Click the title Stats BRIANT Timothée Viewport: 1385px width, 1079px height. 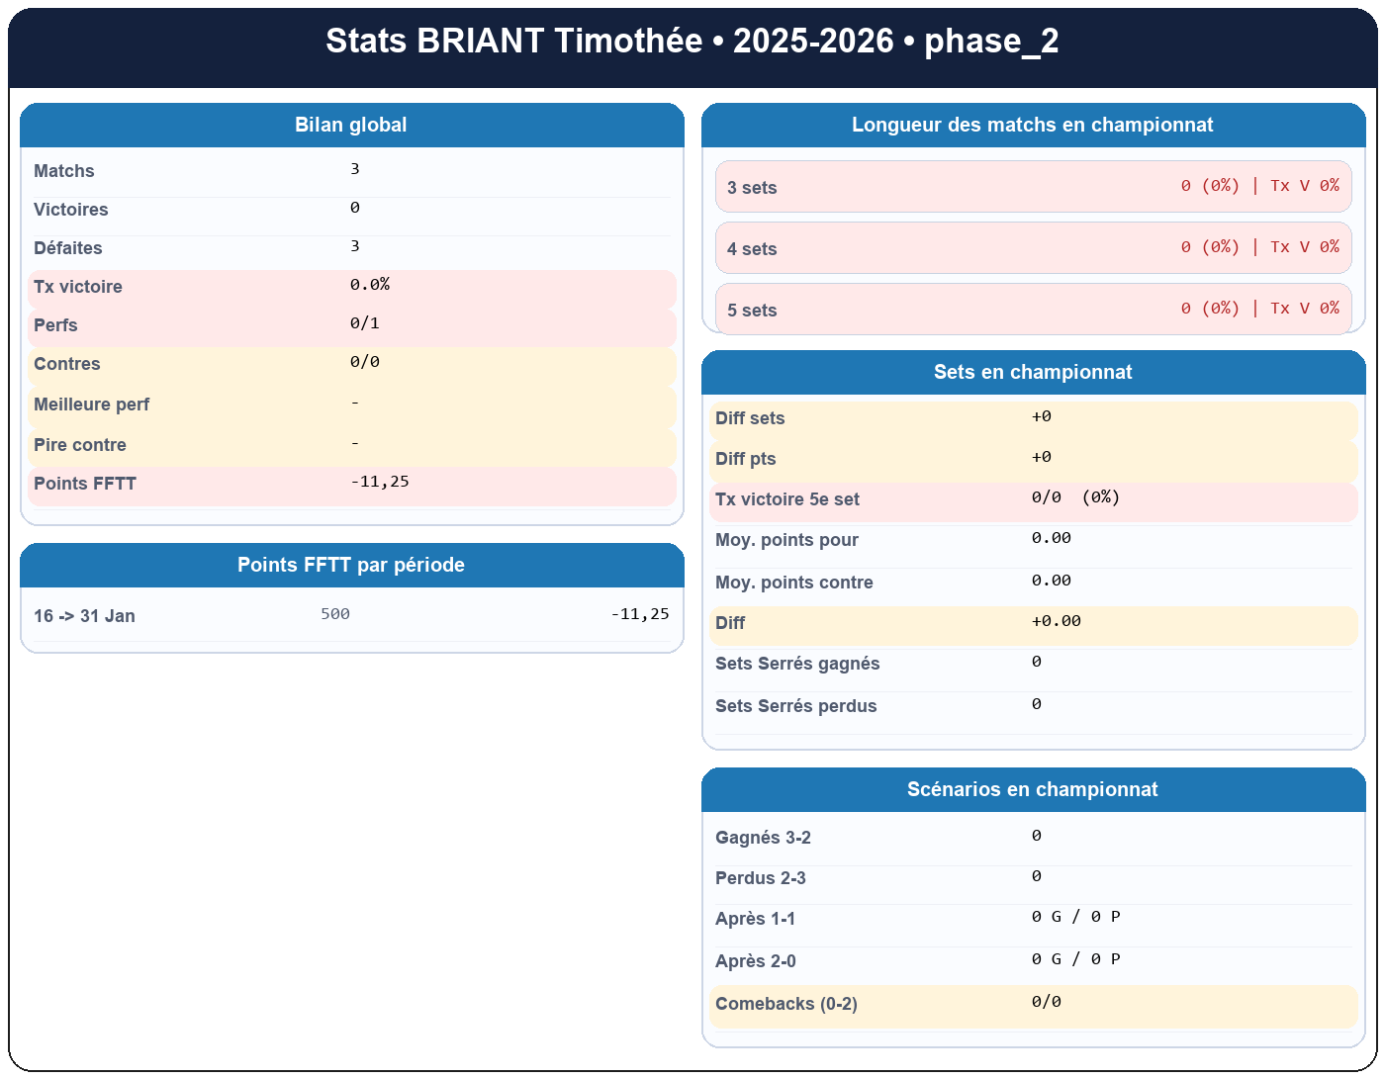point(692,42)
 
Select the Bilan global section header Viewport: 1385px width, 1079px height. point(351,125)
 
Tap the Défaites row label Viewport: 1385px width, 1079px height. point(68,248)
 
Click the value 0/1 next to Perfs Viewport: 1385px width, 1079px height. point(365,323)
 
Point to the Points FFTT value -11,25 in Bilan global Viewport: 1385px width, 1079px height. point(380,483)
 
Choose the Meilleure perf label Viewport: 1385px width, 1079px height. point(92,405)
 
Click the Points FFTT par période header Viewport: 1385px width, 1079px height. point(351,565)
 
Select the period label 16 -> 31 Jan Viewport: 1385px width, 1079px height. point(84,616)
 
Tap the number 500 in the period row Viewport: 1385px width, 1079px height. point(335,614)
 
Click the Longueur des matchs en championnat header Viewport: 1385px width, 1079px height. point(1033,125)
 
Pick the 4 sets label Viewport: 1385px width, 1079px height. point(752,249)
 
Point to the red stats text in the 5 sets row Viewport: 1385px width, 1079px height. point(1259,309)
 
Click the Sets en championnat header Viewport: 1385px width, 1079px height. point(1033,372)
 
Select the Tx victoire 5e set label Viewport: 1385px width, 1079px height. point(787,499)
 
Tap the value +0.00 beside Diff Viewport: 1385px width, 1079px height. point(1056,622)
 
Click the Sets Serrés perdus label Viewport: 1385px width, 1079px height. point(796,706)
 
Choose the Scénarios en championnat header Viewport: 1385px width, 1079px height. point(1033,789)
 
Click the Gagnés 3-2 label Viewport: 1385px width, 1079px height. point(763,838)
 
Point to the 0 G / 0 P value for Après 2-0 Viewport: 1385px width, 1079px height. point(1075,959)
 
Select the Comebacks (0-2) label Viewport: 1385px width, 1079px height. point(786,1004)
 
